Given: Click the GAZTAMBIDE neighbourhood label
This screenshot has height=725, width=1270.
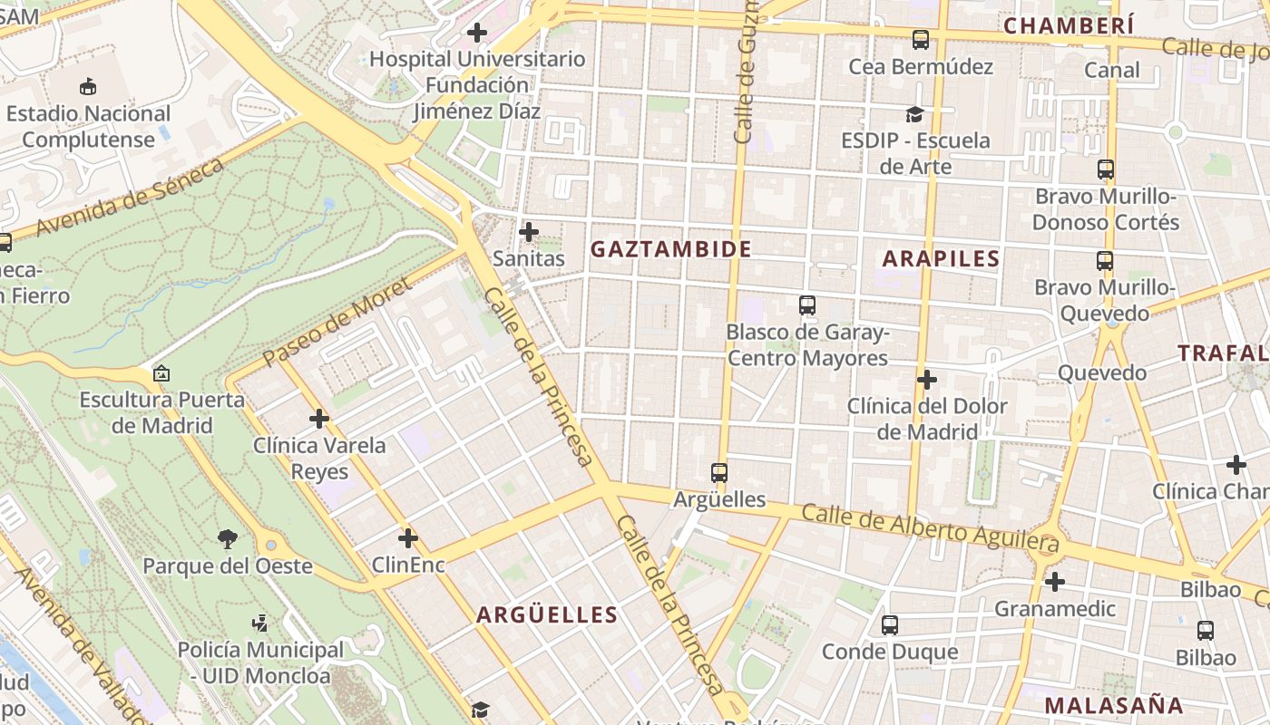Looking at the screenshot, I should tap(671, 249).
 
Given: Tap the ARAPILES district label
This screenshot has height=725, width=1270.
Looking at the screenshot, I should tap(941, 258).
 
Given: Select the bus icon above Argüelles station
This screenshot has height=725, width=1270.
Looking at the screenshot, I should tap(719, 473).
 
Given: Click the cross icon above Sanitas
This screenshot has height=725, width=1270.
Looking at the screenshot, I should tap(529, 232).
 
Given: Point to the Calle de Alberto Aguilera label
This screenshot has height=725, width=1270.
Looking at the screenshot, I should tap(930, 528).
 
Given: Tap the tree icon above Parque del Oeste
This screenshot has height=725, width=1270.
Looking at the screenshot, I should tap(228, 540).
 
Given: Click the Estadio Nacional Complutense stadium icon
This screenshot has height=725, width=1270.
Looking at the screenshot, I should tap(88, 87).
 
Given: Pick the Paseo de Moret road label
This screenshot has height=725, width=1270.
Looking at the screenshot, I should tap(337, 323).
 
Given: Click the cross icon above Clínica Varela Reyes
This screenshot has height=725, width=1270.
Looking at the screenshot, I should tap(318, 419).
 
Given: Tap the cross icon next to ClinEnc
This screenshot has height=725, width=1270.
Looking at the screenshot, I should tap(408, 539).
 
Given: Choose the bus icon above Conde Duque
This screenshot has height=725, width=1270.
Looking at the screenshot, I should tap(889, 625).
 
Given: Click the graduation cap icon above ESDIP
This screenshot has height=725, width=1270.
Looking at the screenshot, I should tap(914, 114).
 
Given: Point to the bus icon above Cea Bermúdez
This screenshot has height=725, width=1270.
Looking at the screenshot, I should tap(921, 40).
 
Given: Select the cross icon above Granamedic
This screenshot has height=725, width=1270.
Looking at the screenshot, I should tap(1054, 582).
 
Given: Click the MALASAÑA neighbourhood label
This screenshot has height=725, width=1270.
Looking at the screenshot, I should tap(1114, 705).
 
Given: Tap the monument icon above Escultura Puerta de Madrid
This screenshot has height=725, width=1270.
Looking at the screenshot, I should tap(161, 373).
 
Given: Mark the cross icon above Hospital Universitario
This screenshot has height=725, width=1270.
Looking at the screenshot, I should tap(477, 34).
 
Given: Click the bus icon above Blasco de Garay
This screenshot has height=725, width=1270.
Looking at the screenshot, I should tap(807, 305).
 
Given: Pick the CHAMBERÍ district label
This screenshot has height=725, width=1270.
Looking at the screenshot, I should tap(1069, 25).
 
